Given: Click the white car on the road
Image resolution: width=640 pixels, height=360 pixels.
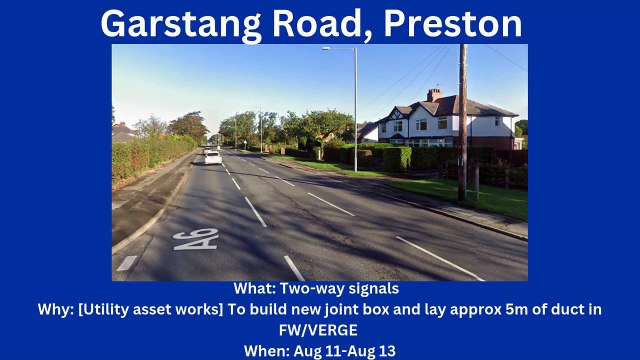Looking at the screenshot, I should click(x=212, y=157).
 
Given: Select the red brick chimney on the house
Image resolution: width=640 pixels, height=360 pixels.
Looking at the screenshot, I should click(x=433, y=95).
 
